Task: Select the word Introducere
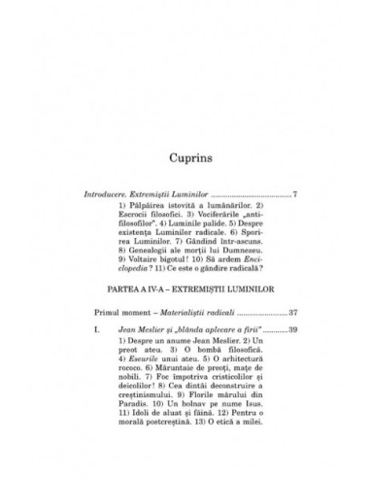point(104,194)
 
